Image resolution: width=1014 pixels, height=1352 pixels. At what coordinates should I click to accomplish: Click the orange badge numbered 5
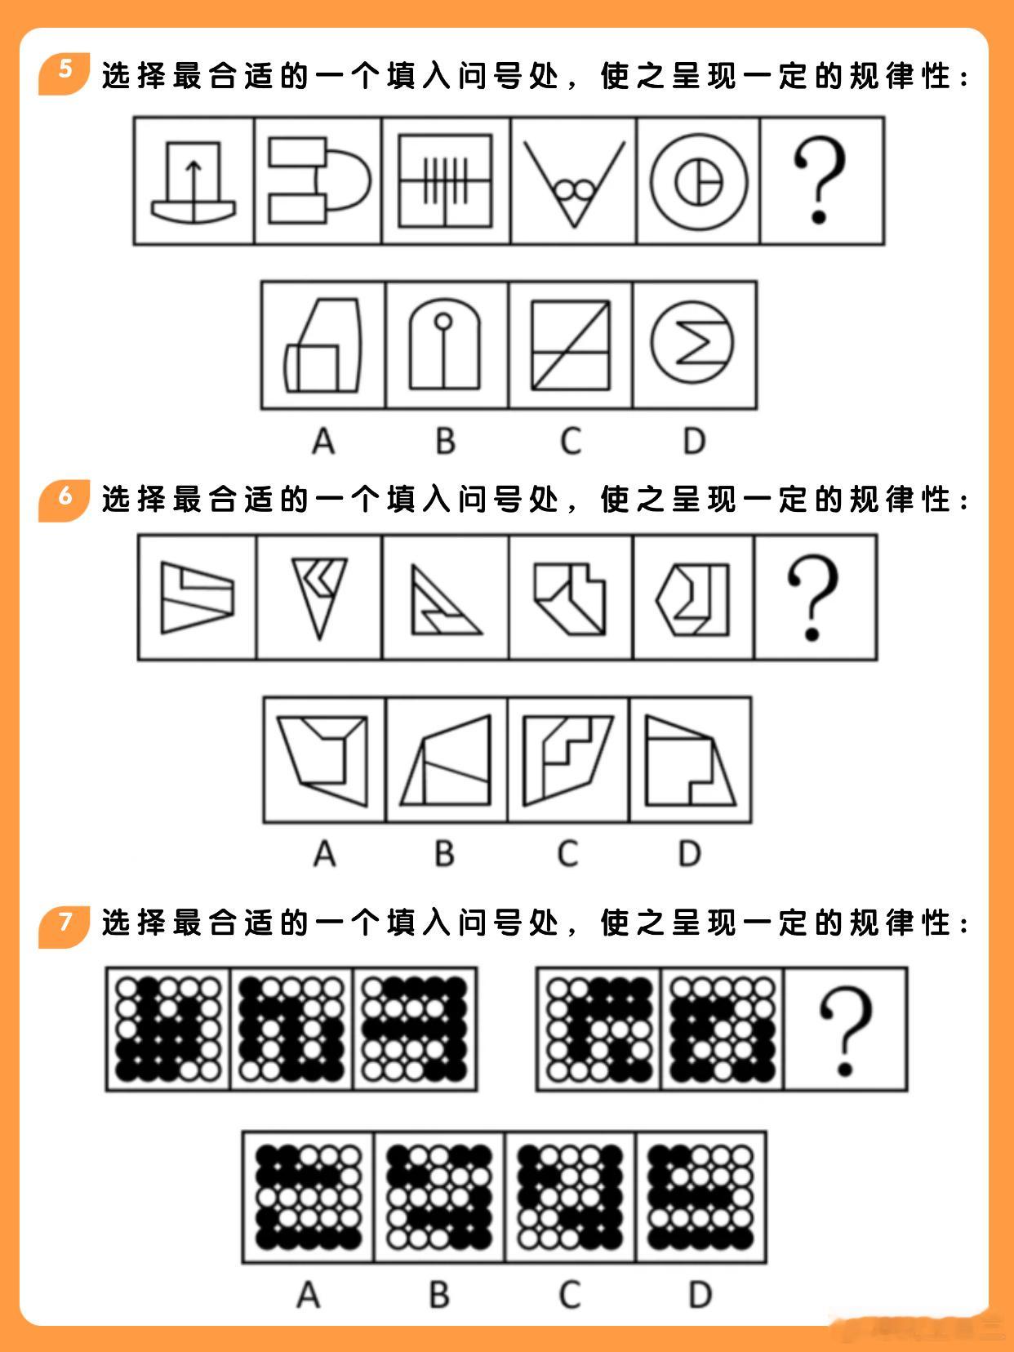click(x=64, y=73)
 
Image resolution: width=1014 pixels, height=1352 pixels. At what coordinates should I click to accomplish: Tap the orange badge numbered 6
click(x=64, y=500)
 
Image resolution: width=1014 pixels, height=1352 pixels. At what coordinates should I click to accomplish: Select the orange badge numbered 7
click(x=64, y=927)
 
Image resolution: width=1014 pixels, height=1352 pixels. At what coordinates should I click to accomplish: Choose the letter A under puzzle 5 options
click(x=324, y=441)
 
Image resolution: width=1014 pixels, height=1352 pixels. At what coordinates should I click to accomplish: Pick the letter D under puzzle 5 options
click(x=695, y=441)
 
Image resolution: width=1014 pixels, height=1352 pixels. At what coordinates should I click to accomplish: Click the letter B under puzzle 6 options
click(x=444, y=854)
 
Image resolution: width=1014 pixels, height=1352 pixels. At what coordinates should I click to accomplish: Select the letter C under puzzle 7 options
click(x=570, y=1294)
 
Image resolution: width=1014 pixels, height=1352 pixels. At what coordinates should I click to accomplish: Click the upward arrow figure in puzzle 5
click(x=193, y=182)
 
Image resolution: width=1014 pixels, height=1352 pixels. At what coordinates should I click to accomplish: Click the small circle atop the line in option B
click(x=443, y=321)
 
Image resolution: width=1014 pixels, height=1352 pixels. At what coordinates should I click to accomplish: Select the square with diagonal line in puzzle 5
click(x=571, y=345)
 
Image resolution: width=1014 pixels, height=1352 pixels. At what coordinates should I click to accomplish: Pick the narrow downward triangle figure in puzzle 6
click(x=319, y=598)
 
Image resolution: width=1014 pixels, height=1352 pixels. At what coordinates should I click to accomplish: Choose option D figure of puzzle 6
click(x=690, y=761)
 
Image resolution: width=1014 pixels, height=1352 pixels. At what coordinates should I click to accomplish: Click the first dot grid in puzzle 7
click(x=168, y=1030)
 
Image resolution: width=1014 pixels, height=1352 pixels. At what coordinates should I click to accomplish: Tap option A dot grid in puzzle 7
click(x=308, y=1198)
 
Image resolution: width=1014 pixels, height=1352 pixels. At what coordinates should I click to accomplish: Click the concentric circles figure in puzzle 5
click(x=699, y=182)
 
